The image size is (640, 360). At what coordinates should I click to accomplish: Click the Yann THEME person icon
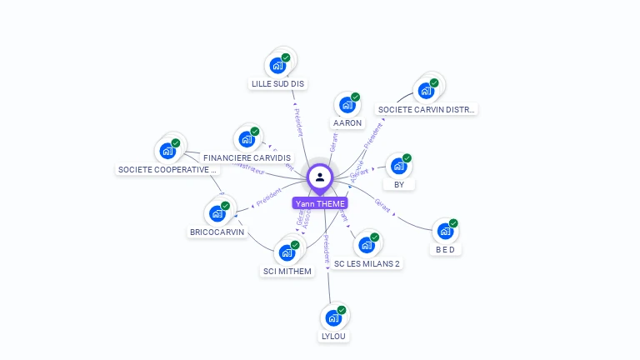(320, 177)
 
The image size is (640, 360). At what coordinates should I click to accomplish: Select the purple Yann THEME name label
(320, 203)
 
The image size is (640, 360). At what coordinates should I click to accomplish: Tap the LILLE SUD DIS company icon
(277, 65)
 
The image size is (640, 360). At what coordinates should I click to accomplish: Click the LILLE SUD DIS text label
(278, 84)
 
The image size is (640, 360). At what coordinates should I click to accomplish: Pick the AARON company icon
(347, 105)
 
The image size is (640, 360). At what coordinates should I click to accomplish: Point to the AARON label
(347, 123)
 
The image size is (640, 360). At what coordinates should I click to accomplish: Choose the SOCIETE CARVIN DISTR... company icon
(427, 90)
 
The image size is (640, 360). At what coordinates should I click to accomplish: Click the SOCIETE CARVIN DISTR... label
(427, 109)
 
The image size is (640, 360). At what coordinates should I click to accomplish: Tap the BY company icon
(398, 166)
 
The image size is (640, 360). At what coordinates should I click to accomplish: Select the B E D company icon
(446, 231)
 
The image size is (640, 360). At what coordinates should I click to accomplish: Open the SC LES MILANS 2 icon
(366, 245)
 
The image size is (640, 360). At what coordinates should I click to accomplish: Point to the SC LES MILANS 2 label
(367, 263)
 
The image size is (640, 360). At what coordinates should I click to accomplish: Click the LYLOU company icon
(333, 318)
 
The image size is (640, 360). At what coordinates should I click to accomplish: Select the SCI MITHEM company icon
(287, 252)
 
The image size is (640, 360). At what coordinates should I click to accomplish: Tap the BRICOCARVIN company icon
(217, 213)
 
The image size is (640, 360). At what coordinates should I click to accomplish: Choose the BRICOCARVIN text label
(218, 232)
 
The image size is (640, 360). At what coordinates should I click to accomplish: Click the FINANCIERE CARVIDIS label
(247, 157)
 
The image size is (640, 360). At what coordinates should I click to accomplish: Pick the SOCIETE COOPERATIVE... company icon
(167, 151)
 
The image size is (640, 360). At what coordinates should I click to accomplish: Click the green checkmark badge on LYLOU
(342, 310)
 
